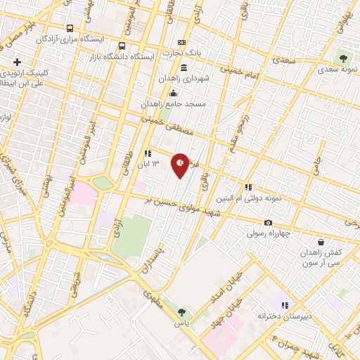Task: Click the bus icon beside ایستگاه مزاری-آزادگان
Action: [x=68, y=28]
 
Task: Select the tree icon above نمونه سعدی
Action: [x=344, y=58]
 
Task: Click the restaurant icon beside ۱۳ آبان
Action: [x=148, y=153]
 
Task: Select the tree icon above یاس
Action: [x=182, y=311]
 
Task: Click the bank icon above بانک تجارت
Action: [x=182, y=43]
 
